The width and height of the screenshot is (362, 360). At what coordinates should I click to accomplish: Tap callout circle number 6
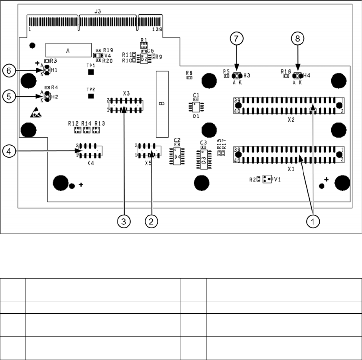8,71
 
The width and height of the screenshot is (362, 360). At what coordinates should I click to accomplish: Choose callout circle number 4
8,150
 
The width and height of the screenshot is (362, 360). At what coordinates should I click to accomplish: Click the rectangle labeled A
68,50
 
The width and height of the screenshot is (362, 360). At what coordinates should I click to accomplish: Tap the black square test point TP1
91,72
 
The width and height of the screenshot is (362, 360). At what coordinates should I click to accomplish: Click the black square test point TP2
91,96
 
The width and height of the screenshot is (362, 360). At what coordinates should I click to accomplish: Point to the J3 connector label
97,12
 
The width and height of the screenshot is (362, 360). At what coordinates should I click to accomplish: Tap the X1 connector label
291,168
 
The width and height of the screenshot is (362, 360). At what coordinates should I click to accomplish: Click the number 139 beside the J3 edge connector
158,30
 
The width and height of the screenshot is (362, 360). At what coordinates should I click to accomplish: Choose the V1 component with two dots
267,179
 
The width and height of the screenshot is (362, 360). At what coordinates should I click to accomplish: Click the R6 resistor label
189,73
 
